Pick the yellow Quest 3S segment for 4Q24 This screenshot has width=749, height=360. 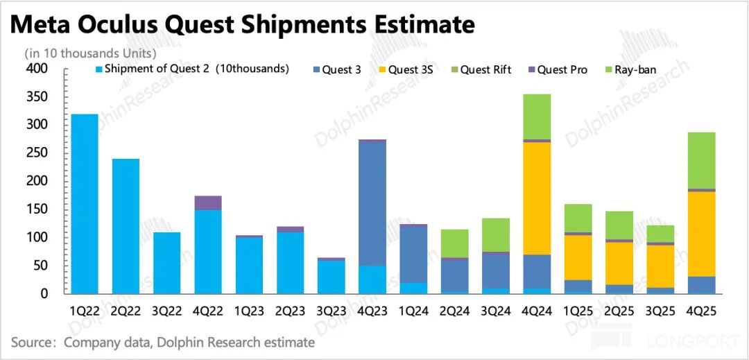click(x=536, y=198)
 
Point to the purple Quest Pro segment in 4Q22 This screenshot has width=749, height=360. click(x=208, y=203)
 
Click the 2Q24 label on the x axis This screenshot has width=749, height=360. click(x=454, y=312)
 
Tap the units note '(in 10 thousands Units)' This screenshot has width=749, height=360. click(x=90, y=53)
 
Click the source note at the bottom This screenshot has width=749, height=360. click(x=163, y=343)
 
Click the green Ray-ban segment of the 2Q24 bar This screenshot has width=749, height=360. click(x=454, y=243)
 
